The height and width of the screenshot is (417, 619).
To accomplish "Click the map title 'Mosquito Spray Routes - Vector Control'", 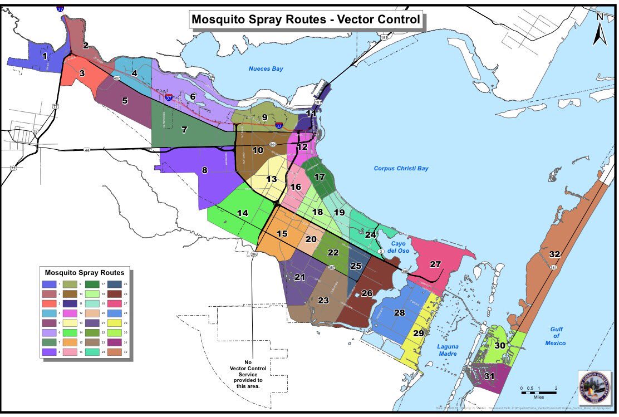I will pos(306,20).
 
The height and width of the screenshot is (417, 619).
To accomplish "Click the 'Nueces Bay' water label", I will pos(266,69).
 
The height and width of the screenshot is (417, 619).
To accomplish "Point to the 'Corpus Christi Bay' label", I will pos(401,168).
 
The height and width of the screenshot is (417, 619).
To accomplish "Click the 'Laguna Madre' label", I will pos(447,350).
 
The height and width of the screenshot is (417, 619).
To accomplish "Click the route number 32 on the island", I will pos(554,254).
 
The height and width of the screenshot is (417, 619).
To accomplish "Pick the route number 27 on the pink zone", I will pos(435,264).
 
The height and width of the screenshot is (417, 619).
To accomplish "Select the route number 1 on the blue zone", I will pos(45,56).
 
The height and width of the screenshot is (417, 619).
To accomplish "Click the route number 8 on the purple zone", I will pos(205,170).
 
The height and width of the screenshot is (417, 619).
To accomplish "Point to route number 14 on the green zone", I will pos(242,213).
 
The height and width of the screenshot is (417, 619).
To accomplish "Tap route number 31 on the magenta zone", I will pos(489,376).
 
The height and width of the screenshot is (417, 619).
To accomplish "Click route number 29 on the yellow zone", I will pos(419,333).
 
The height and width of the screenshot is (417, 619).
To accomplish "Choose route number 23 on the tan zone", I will pos(323,300).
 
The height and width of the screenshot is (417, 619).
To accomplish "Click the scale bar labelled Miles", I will pos(538,392).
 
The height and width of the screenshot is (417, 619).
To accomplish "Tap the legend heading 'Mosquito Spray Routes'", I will pos(84,273).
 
